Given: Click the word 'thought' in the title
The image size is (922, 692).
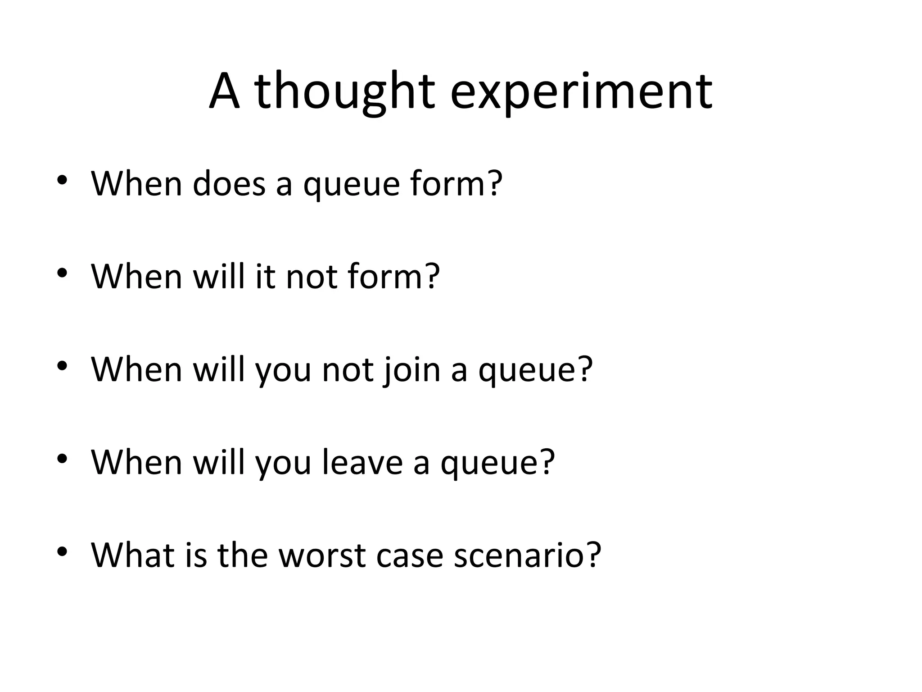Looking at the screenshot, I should tap(344, 92).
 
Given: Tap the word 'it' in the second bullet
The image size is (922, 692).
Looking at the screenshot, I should tap(265, 276).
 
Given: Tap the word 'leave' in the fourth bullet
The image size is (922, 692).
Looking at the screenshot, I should tap(362, 462).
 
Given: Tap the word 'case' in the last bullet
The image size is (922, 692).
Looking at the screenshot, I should tap(409, 555).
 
